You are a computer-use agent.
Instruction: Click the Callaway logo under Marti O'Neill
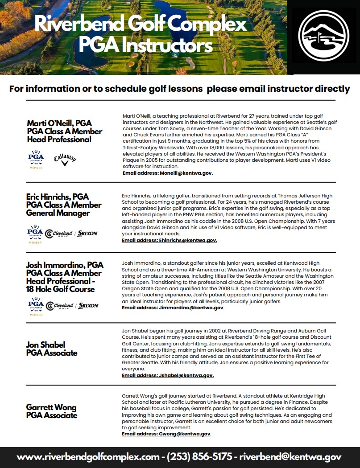(x=65, y=159)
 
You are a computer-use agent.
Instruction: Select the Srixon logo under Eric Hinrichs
(x=88, y=233)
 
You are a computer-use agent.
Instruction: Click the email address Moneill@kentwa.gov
(x=168, y=173)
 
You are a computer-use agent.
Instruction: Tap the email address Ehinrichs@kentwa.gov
(x=170, y=240)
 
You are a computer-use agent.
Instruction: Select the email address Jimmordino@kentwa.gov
(x=173, y=308)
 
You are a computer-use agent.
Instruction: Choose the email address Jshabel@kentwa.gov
(x=168, y=375)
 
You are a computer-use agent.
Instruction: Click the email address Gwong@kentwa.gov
(x=166, y=434)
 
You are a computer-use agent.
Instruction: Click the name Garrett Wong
(x=51, y=407)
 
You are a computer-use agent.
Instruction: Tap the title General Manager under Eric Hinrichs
(x=58, y=213)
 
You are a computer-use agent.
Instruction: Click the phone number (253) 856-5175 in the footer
(x=199, y=457)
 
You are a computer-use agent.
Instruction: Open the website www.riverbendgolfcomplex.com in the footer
(x=88, y=457)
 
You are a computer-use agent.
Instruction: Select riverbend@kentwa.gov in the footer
(x=290, y=457)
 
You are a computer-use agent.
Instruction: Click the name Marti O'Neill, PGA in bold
(x=59, y=123)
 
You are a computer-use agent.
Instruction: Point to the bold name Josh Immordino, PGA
(x=65, y=265)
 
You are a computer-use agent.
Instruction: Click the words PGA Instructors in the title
(x=145, y=45)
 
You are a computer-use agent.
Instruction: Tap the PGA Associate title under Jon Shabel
(x=52, y=353)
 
